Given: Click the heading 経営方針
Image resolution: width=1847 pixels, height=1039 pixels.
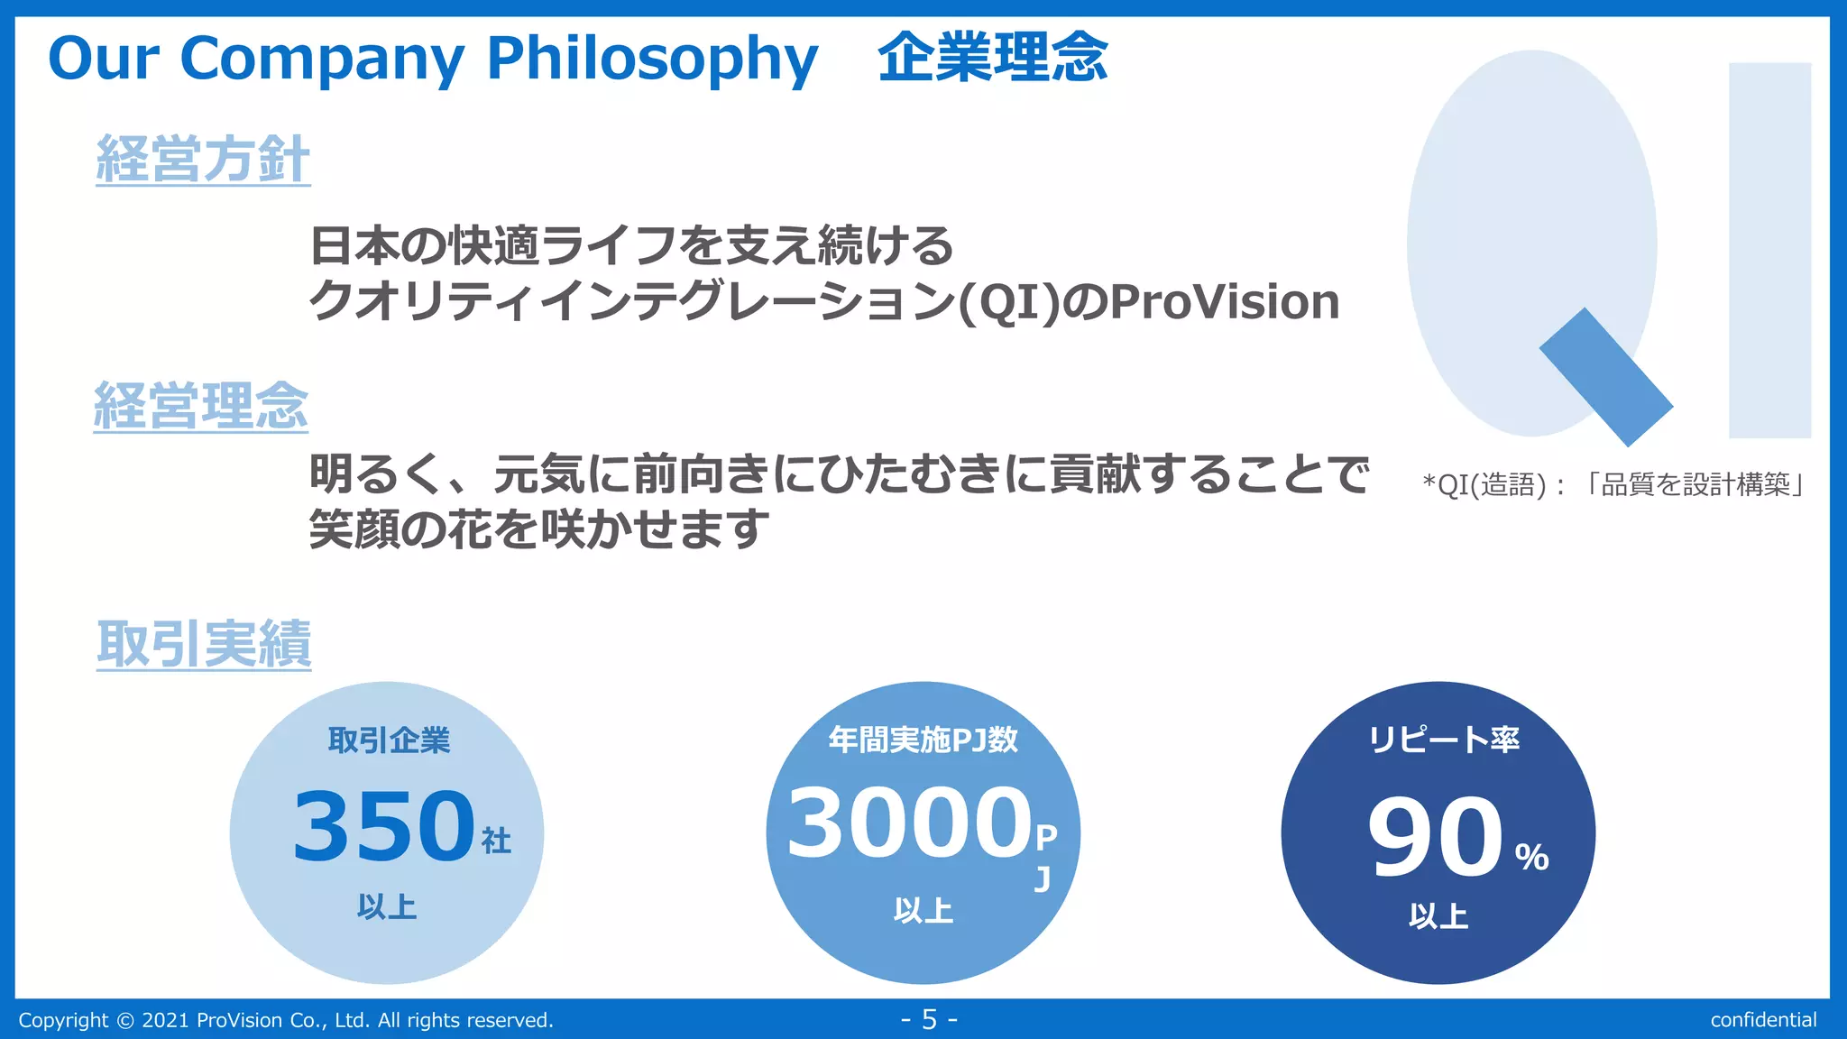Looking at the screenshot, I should point(203,160).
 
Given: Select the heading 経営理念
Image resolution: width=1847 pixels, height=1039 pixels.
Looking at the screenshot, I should point(201,406).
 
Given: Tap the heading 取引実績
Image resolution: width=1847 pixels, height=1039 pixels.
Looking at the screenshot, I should point(204,644).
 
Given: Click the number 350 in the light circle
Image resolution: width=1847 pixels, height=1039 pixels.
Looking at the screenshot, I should point(383,825).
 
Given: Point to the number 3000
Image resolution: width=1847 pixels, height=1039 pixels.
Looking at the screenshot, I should point(909,823).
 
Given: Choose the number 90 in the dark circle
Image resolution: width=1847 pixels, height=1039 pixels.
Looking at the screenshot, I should point(1435,836).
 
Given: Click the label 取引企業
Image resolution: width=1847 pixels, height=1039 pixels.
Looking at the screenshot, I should point(389,740).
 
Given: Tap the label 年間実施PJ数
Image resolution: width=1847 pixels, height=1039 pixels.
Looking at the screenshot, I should point(923,740).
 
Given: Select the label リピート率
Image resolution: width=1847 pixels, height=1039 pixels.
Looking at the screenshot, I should point(1444,740).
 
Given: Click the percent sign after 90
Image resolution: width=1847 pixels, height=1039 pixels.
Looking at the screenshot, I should point(1531,857).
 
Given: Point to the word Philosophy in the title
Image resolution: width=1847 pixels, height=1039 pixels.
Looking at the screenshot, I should point(652,60).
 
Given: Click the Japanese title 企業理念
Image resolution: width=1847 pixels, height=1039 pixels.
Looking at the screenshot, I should point(992,58).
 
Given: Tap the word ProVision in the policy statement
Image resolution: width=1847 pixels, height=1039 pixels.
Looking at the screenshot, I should point(1225,302).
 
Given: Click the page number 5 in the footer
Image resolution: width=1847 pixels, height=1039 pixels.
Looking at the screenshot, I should point(929,1020).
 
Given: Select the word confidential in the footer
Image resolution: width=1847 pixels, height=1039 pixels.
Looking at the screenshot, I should point(1763,1020).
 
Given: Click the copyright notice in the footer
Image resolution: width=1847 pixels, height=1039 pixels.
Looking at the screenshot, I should point(286,1020).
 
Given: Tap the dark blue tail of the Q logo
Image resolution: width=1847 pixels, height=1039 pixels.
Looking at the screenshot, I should point(1605,377).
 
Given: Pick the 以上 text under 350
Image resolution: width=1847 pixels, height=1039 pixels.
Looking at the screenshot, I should point(387,906).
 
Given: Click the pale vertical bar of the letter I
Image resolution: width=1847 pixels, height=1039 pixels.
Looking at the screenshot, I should point(1769,250).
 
